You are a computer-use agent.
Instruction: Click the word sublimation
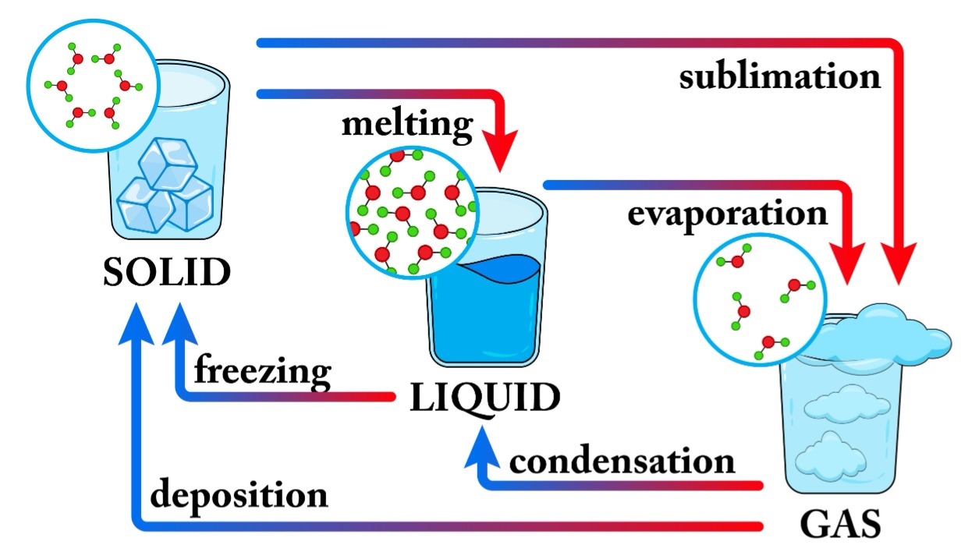(x=779, y=76)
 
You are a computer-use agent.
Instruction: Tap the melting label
(x=406, y=125)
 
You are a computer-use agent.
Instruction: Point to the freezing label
(x=262, y=370)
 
